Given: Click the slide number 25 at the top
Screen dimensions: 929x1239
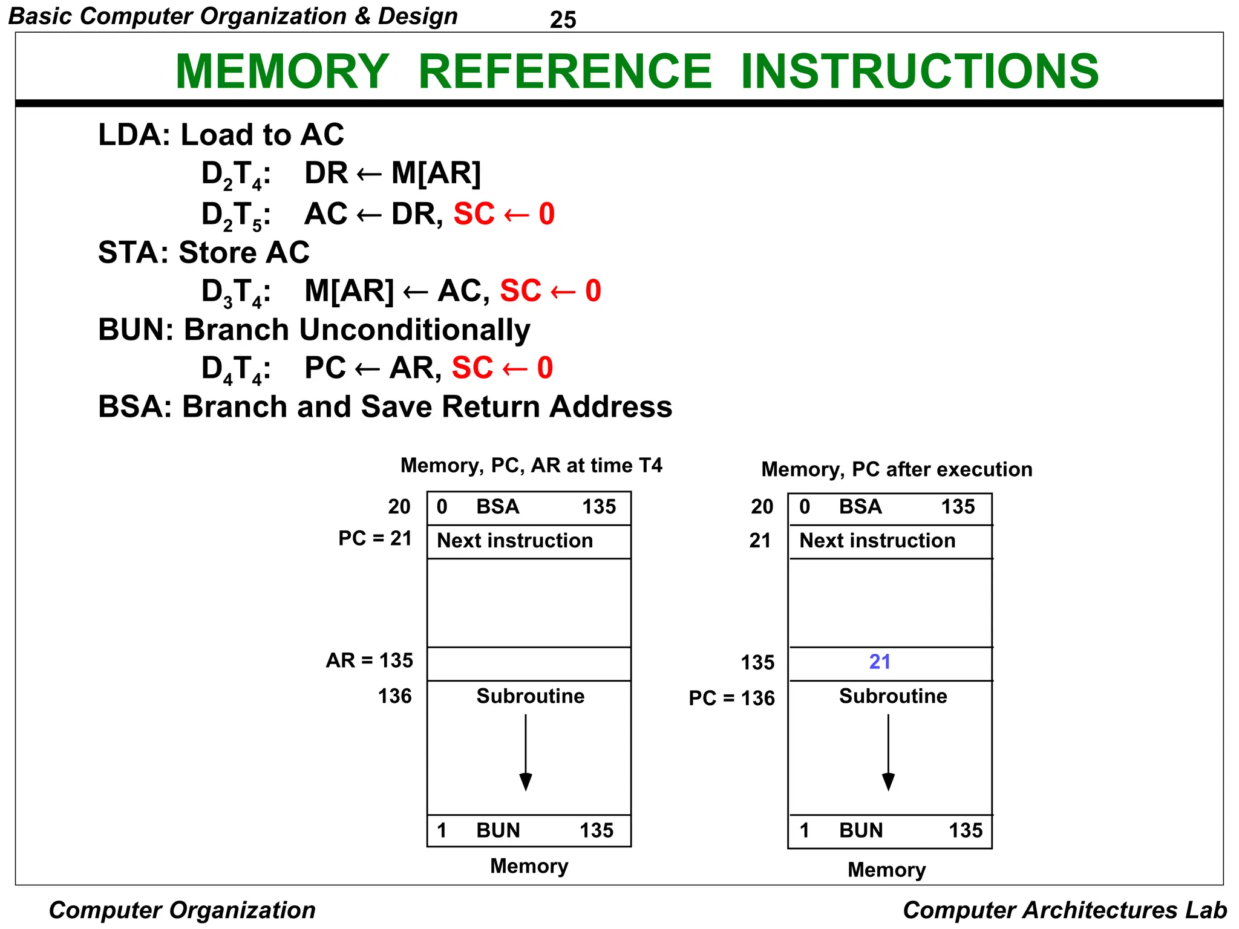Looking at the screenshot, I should tap(563, 20).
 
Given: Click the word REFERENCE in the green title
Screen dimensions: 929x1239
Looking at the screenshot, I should tap(565, 71).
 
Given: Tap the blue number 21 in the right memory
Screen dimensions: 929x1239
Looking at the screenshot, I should tap(880, 662).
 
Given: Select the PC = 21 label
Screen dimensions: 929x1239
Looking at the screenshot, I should tap(374, 538).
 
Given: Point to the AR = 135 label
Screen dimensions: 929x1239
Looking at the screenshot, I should tap(369, 660).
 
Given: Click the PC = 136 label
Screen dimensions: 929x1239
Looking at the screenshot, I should tap(731, 698).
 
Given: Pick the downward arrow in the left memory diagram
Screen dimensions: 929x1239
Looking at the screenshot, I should tap(526, 753).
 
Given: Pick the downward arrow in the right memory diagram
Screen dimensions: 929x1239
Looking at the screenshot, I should tap(888, 753).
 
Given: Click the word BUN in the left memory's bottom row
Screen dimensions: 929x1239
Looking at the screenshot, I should tap(498, 830).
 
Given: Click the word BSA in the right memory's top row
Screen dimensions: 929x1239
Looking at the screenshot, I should tap(860, 506).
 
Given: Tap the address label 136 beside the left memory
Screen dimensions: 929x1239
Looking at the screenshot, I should tap(394, 696).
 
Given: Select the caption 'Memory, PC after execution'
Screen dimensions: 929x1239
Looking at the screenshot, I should tap(897, 469).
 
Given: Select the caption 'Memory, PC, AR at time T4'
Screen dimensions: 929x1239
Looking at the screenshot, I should tap(531, 465).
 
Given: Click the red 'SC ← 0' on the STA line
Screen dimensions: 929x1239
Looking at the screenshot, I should tap(551, 291).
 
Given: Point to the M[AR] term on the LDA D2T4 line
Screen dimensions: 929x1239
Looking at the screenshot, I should tap(436, 173).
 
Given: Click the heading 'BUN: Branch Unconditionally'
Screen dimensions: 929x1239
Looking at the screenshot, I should tap(314, 330).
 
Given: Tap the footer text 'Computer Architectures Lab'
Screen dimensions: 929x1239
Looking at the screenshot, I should tap(1065, 910).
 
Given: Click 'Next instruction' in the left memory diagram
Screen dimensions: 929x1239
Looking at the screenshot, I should tap(515, 540).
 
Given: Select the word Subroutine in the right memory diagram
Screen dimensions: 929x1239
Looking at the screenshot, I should tap(893, 696).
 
